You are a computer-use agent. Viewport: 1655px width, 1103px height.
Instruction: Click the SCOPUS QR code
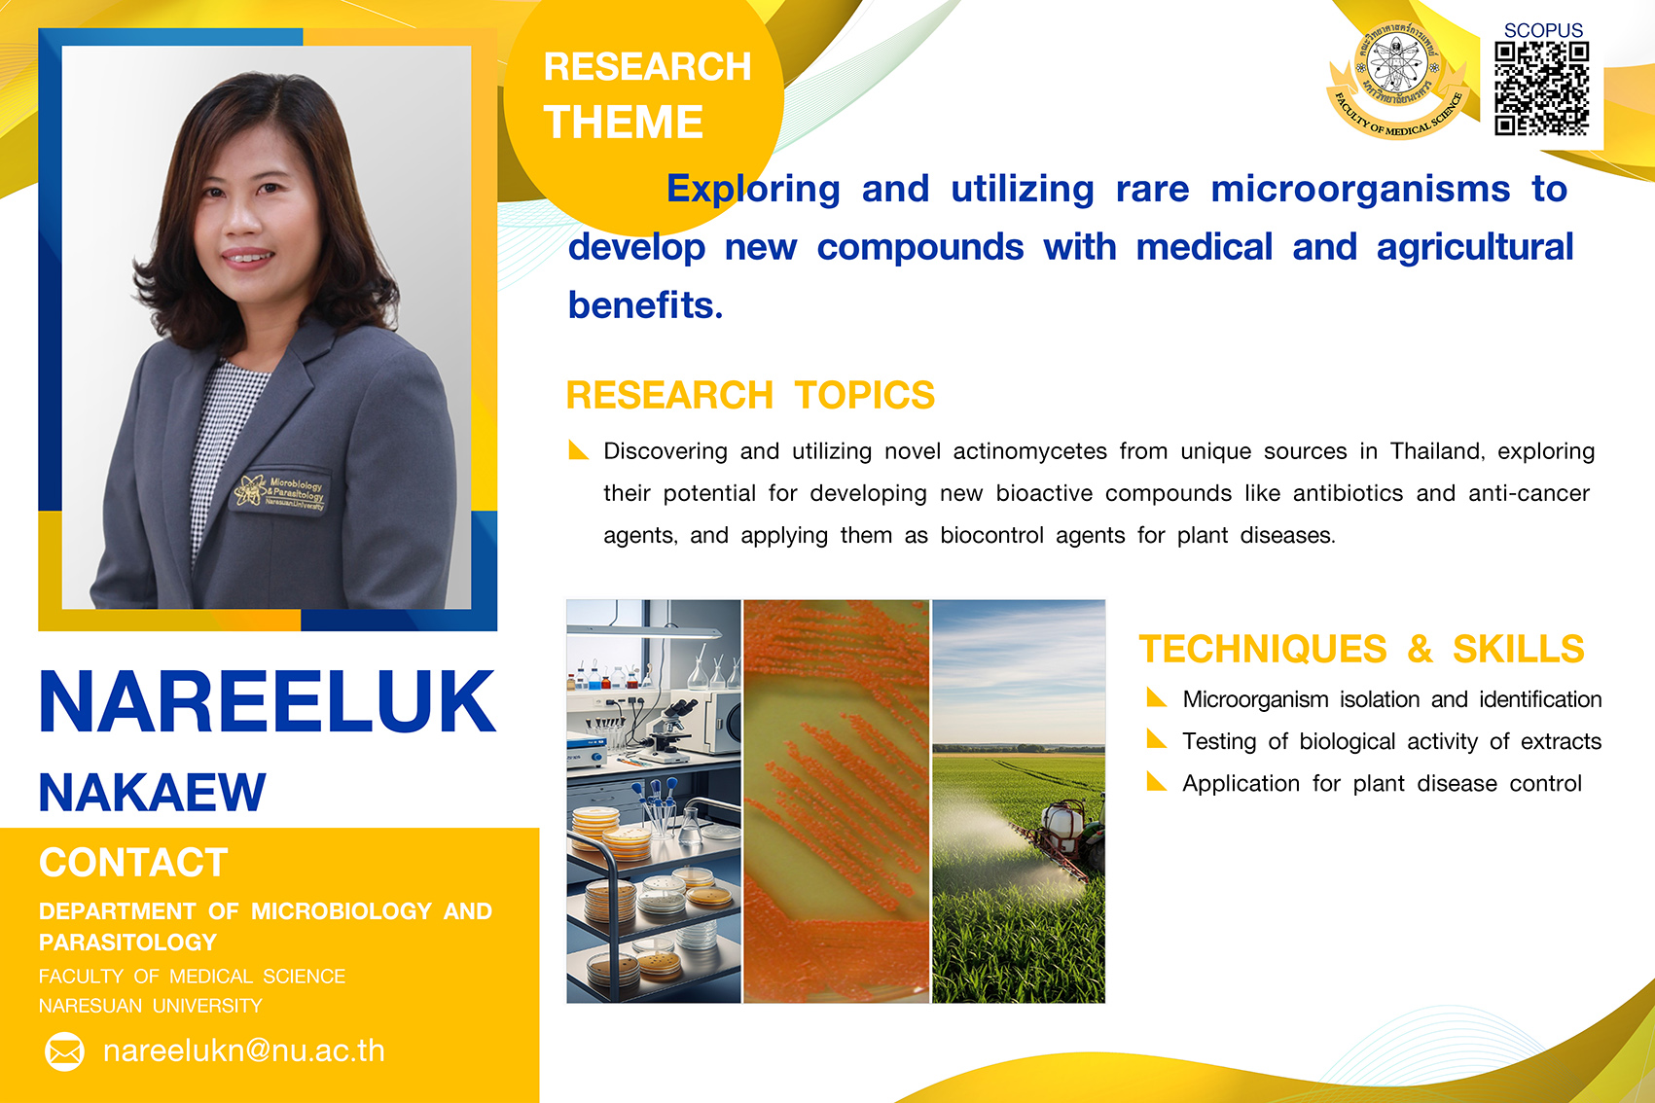point(1541,89)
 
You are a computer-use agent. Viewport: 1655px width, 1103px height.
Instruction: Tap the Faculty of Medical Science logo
point(1396,80)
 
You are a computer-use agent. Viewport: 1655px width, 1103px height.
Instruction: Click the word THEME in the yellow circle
point(623,122)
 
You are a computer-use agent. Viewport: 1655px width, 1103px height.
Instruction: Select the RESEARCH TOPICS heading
point(750,395)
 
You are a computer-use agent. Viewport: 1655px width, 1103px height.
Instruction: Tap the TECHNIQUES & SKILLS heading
point(1361,649)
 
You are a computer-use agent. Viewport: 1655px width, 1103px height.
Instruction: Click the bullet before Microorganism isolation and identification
point(1156,697)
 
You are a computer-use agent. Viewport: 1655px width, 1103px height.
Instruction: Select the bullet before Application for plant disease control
point(1156,781)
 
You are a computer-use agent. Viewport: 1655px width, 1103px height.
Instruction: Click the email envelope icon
point(64,1051)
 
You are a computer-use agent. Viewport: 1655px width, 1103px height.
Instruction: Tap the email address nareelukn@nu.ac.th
point(244,1050)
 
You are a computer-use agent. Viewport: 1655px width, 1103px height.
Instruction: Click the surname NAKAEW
point(152,792)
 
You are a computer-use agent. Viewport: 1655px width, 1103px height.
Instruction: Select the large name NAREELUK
point(267,701)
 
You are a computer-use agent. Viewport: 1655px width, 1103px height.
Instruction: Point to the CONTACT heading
point(133,862)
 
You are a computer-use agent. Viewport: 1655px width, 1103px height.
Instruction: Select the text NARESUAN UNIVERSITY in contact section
point(150,1006)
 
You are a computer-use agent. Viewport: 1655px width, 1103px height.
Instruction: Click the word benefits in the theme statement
point(645,305)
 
